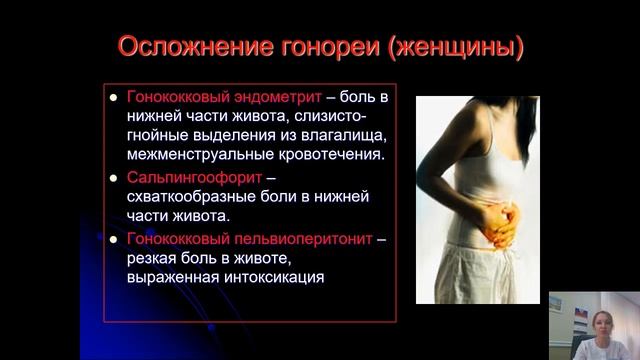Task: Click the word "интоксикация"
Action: tap(269, 277)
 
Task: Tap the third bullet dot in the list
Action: tap(113, 240)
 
